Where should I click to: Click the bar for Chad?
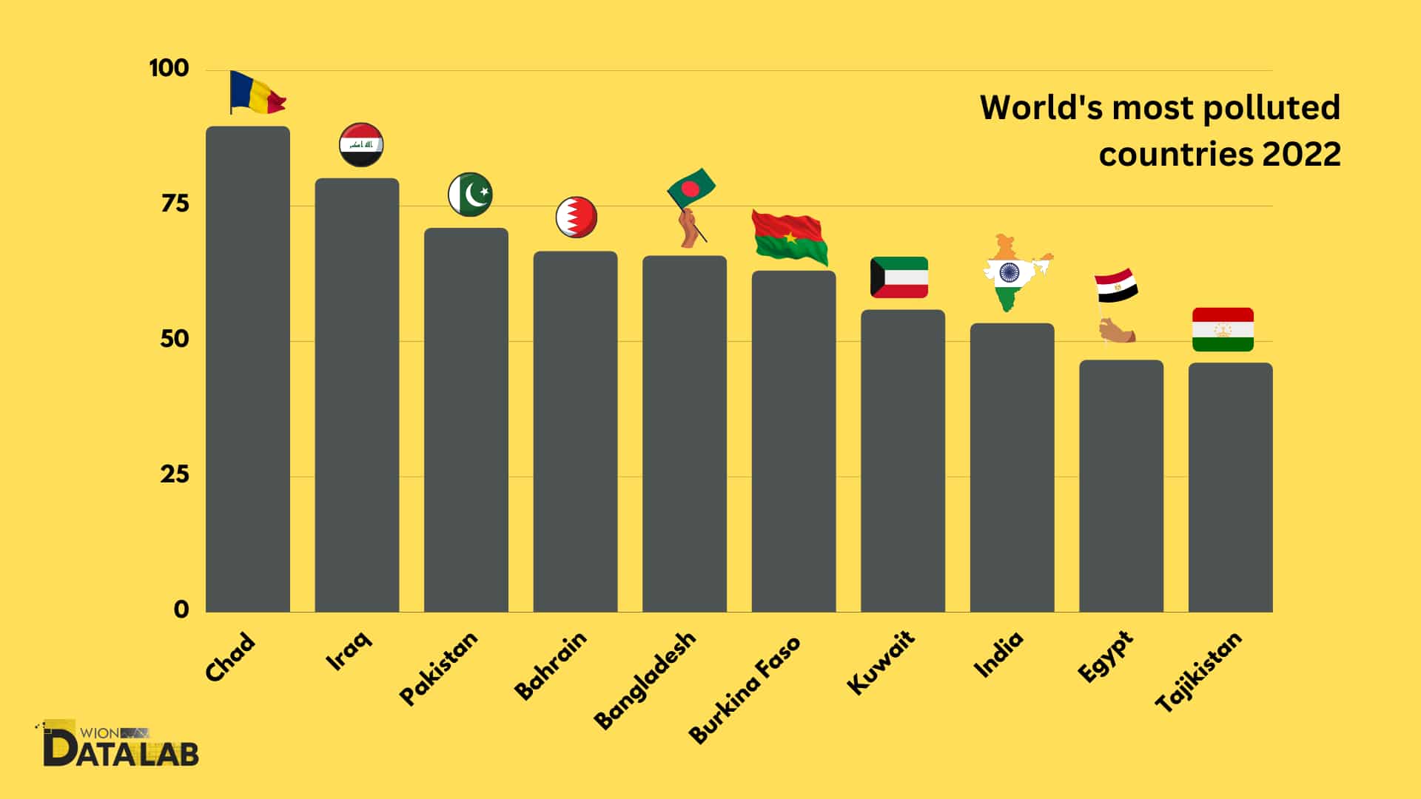pyautogui.click(x=247, y=370)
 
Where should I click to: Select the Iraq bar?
pyautogui.click(x=357, y=396)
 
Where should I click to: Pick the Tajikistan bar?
pyautogui.click(x=1230, y=488)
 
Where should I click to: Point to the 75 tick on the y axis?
pyautogui.click(x=175, y=203)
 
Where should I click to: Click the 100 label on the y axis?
pyautogui.click(x=169, y=68)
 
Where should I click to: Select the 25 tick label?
pyautogui.click(x=175, y=474)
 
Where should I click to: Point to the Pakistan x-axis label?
pyautogui.click(x=439, y=667)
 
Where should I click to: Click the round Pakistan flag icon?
pyautogui.click(x=470, y=195)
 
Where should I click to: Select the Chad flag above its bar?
pyautogui.click(x=256, y=92)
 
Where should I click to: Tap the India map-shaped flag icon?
pyautogui.click(x=1013, y=273)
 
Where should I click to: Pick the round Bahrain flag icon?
pyautogui.click(x=576, y=218)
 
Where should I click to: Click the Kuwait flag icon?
pyautogui.click(x=898, y=277)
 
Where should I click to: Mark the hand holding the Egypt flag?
pyautogui.click(x=1116, y=331)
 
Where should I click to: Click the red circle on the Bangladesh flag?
pyautogui.click(x=690, y=189)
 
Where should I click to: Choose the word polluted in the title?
pyautogui.click(x=1271, y=108)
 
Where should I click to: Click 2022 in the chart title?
pyautogui.click(x=1300, y=155)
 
